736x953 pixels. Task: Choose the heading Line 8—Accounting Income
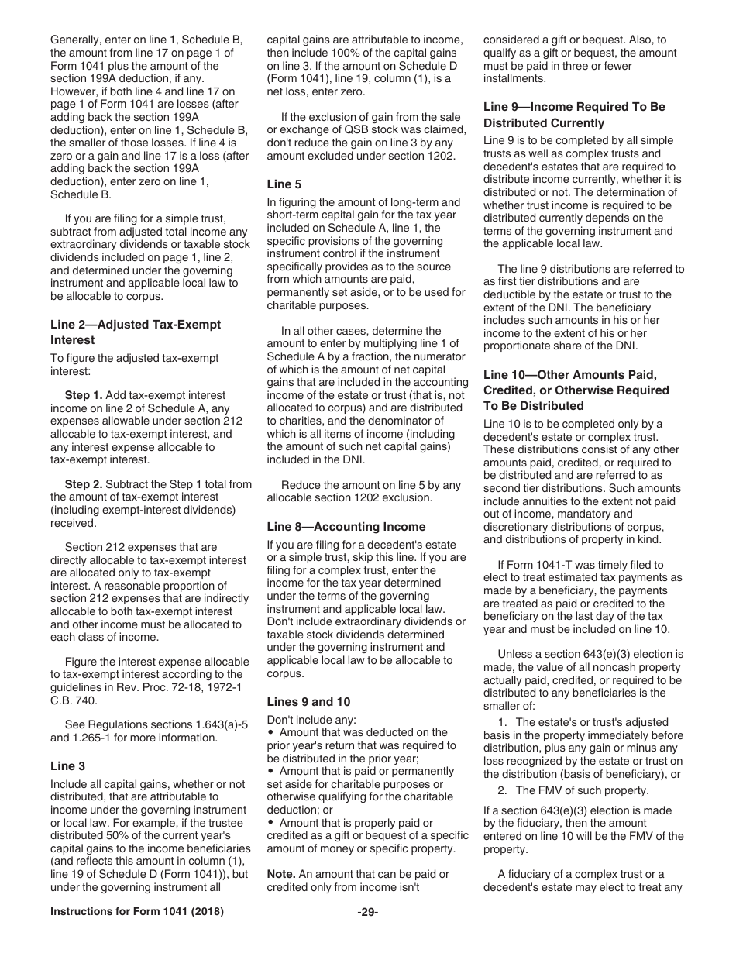[x=346, y=527]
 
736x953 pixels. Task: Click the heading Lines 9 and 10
[x=308, y=702]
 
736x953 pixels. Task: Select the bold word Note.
[x=281, y=874]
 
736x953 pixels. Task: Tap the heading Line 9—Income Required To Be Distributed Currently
[x=574, y=115]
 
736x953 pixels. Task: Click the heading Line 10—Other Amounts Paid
[x=576, y=390]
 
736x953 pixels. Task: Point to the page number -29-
[x=368, y=934]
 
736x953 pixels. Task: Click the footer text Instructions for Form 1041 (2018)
[x=137, y=934]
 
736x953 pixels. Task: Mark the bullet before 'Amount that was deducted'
[x=270, y=733]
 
